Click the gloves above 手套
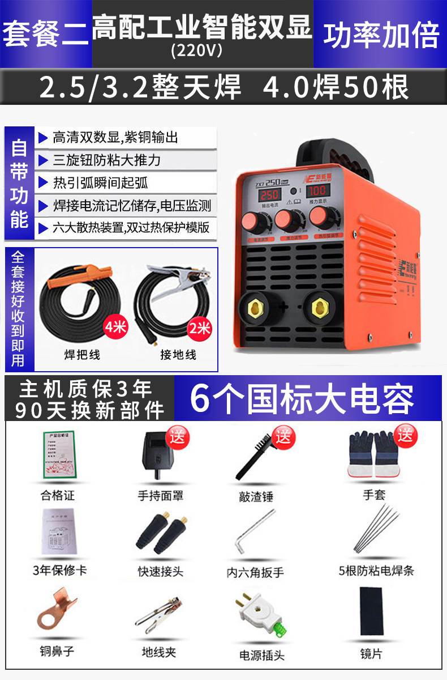click(x=372, y=453)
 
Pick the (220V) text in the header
click(x=196, y=51)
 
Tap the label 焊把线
click(x=83, y=355)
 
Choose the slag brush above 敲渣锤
click(x=257, y=456)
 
